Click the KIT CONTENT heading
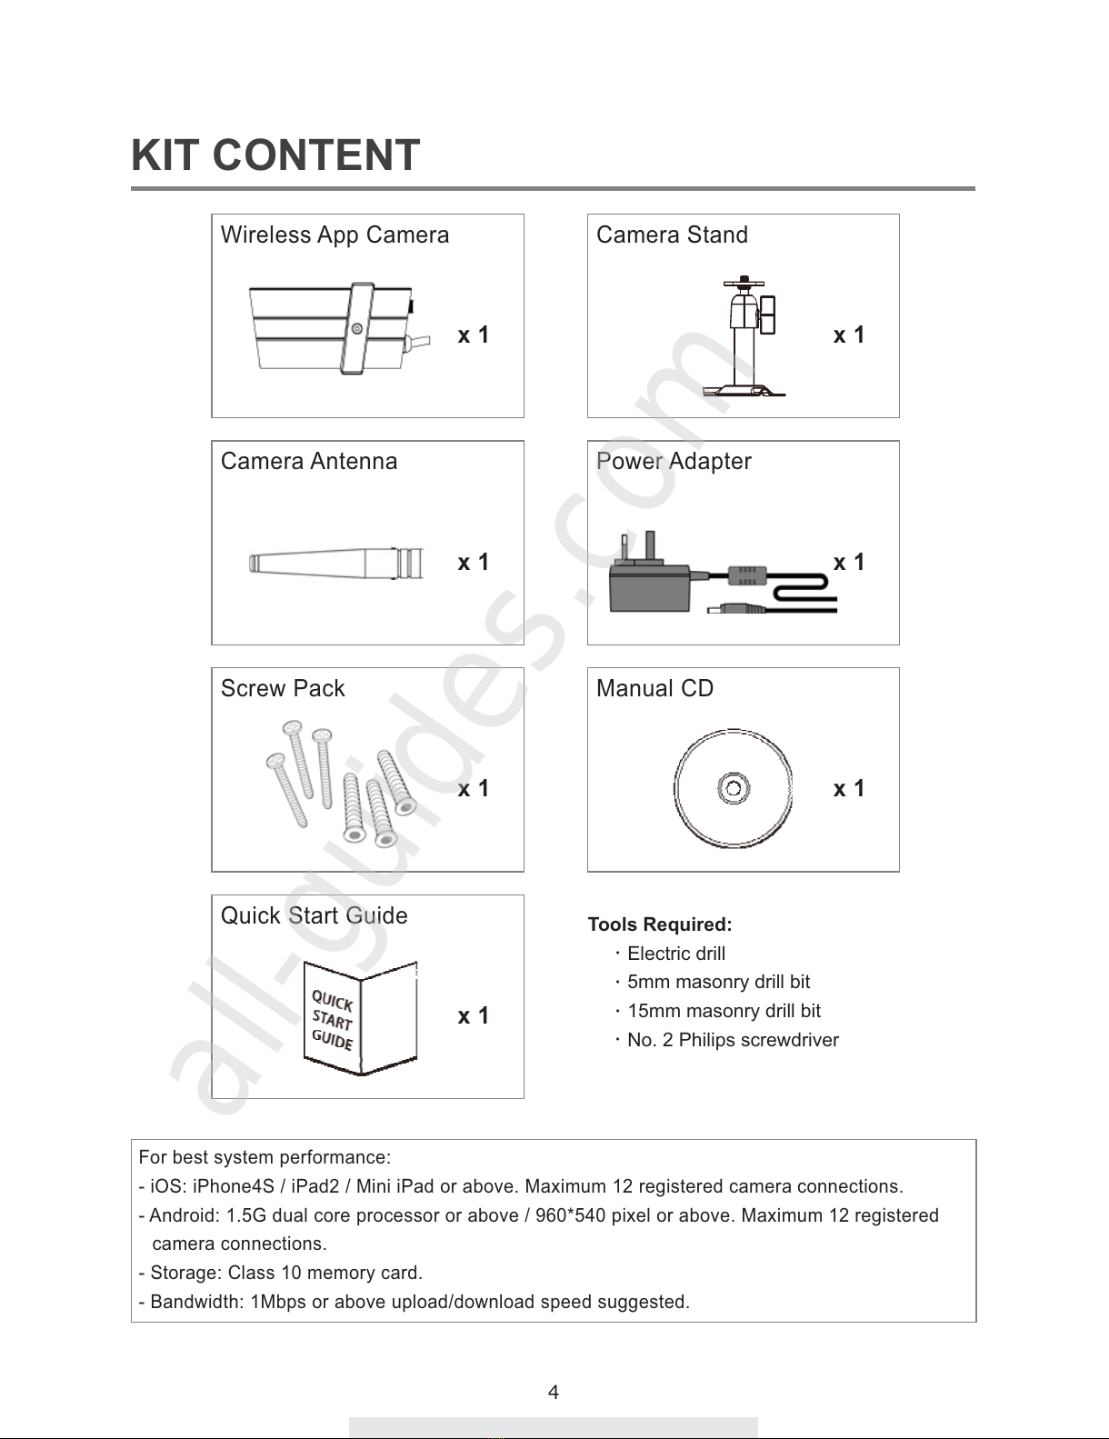pyautogui.click(x=275, y=155)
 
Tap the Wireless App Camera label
pyautogui.click(x=335, y=235)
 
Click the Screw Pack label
pyautogui.click(x=283, y=689)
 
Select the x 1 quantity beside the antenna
pyautogui.click(x=473, y=563)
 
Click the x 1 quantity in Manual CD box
pyautogui.click(x=848, y=789)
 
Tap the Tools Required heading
pyautogui.click(x=660, y=925)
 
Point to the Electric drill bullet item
pyautogui.click(x=676, y=954)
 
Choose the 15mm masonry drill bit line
pyautogui.click(x=724, y=1012)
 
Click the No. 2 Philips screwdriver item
pyautogui.click(x=733, y=1041)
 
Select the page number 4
pyautogui.click(x=554, y=1393)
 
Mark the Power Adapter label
pyautogui.click(x=674, y=462)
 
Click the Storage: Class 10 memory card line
pyautogui.click(x=281, y=1274)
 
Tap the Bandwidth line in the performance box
pyautogui.click(x=415, y=1303)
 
